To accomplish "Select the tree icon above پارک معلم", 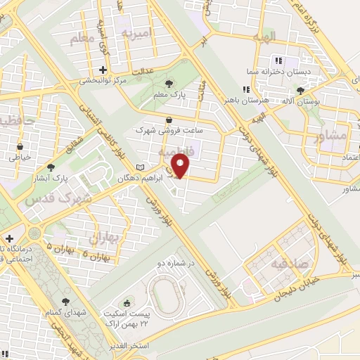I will click(168, 85).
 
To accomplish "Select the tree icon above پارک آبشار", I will click(51, 167).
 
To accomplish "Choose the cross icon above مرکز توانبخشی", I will click(103, 70).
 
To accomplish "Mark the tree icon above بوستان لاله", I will click(301, 90).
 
